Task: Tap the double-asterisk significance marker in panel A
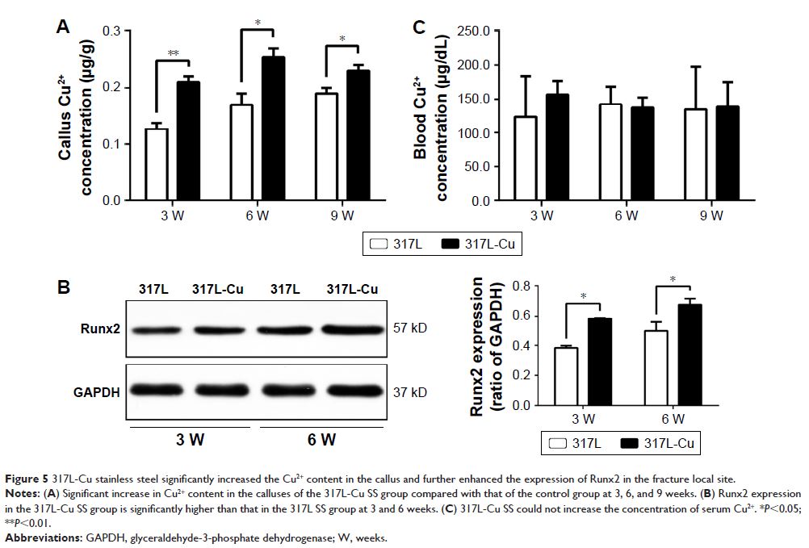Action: coord(173,54)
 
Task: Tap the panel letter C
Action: coord(418,27)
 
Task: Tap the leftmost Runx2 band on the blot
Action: coord(154,329)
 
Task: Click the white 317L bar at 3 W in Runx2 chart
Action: coord(565,376)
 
